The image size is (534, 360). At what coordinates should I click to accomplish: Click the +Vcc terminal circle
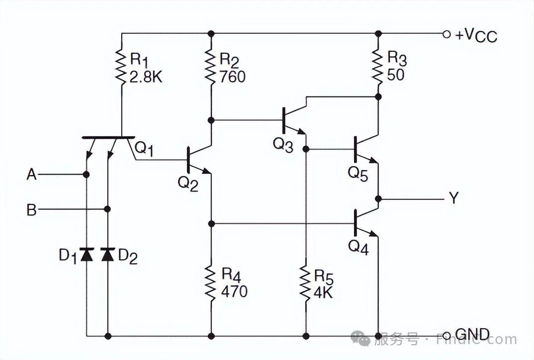click(x=446, y=34)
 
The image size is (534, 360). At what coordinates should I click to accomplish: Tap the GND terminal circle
click(x=446, y=336)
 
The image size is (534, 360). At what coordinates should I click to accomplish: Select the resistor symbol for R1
click(x=121, y=67)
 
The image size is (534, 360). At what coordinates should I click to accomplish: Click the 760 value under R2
click(x=232, y=76)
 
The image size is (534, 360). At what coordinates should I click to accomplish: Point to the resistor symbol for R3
click(x=378, y=67)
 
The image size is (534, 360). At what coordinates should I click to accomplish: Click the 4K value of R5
click(x=323, y=292)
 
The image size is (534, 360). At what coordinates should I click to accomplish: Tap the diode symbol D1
click(x=87, y=255)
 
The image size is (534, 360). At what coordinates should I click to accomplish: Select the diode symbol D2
click(x=107, y=255)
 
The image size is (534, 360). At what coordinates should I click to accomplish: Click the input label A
click(x=31, y=175)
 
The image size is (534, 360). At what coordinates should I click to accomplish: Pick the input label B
click(x=31, y=210)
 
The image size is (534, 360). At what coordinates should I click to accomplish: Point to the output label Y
click(x=453, y=197)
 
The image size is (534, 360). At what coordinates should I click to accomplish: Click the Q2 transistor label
click(x=187, y=184)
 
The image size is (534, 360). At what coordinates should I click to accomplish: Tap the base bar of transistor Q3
click(x=284, y=120)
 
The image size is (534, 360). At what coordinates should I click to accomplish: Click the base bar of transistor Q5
click(x=355, y=149)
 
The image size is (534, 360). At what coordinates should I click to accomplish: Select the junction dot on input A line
click(x=86, y=175)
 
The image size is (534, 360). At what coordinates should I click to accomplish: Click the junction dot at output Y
click(x=378, y=199)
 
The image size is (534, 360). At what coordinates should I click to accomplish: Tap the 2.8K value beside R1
click(x=146, y=78)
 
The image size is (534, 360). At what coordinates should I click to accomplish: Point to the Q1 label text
click(x=144, y=149)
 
